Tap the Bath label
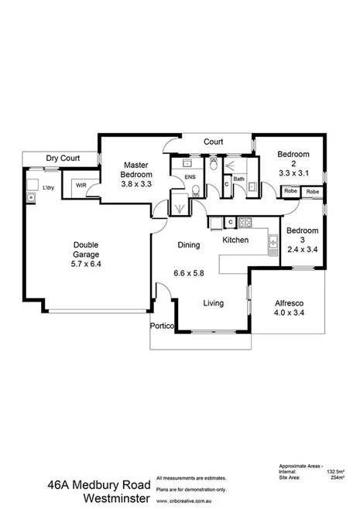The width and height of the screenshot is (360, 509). [x=238, y=179]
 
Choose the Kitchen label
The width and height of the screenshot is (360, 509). [x=235, y=241]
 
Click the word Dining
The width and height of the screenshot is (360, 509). [x=189, y=245]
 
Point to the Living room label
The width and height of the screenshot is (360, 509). [x=214, y=304]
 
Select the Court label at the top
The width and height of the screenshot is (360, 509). [x=214, y=142]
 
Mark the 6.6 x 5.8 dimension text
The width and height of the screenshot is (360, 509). [x=188, y=273]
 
